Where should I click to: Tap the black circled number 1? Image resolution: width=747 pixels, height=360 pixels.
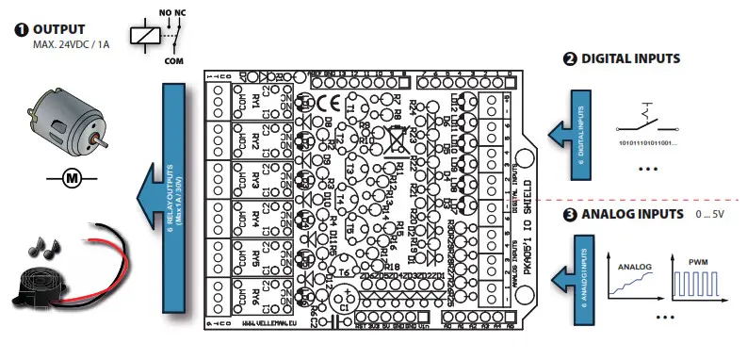click(21, 29)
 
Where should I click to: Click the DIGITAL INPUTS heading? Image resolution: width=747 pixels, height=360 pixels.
click(630, 58)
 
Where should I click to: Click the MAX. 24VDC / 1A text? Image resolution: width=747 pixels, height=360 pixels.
click(72, 45)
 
